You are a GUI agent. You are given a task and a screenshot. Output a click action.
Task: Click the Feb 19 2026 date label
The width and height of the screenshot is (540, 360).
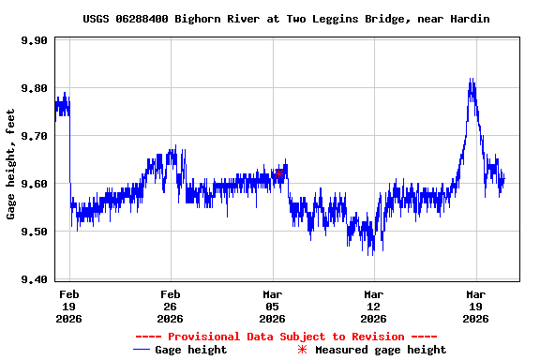tap(69, 306)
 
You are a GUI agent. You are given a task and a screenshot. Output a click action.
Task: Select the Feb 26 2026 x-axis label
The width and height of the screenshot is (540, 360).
tap(170, 306)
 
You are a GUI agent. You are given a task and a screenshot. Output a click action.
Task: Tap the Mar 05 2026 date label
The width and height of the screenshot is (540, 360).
tap(272, 306)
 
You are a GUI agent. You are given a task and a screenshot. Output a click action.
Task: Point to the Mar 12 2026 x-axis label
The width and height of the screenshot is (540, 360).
tap(373, 306)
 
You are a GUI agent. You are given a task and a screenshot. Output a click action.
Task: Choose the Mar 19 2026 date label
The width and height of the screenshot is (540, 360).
tap(475, 306)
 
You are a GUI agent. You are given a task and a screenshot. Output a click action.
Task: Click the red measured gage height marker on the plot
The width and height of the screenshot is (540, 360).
tap(278, 173)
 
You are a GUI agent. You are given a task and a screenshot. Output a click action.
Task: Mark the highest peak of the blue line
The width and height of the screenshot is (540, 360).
tap(471, 80)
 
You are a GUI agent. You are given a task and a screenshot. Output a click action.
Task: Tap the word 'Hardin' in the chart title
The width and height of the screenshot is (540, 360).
tap(469, 19)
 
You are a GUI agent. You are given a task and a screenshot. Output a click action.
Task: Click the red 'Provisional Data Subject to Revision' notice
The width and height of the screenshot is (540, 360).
tap(286, 337)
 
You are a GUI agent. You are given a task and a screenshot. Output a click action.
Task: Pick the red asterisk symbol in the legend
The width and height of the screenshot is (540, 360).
tap(302, 350)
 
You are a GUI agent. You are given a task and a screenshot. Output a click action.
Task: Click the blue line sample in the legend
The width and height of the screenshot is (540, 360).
tap(142, 350)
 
